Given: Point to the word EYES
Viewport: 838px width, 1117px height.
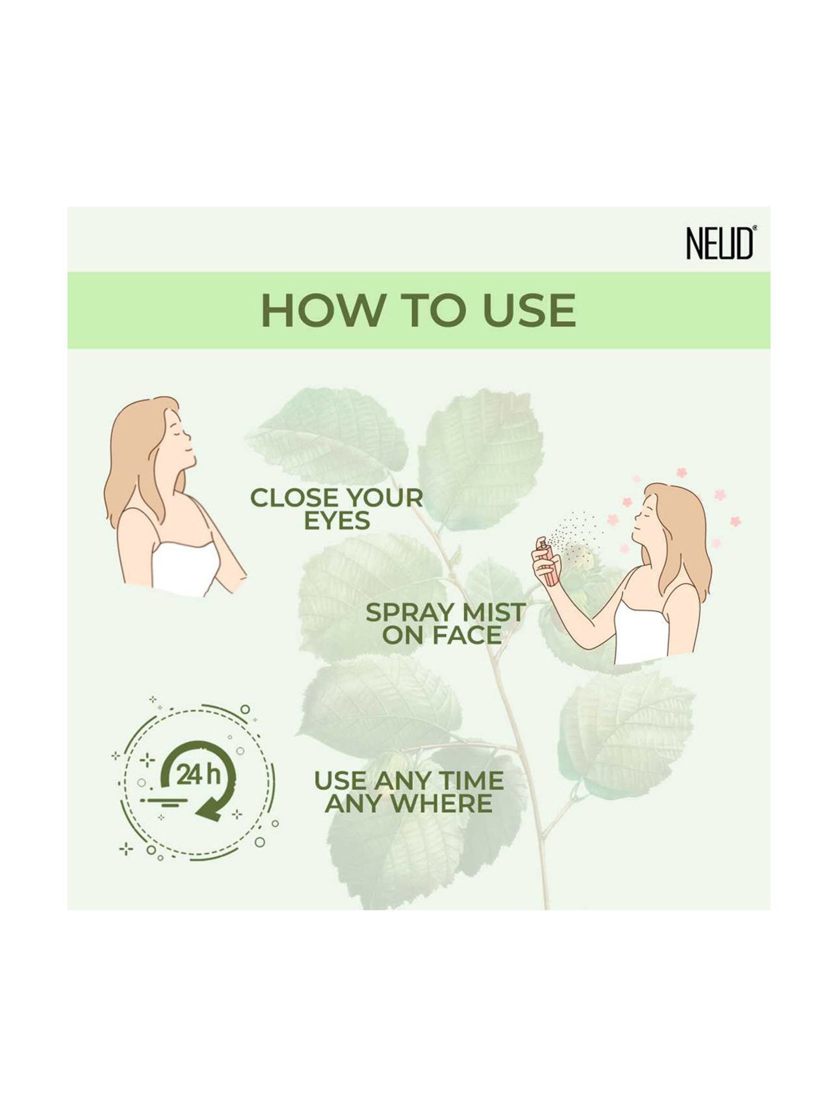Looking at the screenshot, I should [x=337, y=521].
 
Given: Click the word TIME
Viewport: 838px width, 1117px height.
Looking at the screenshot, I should [x=471, y=781].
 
